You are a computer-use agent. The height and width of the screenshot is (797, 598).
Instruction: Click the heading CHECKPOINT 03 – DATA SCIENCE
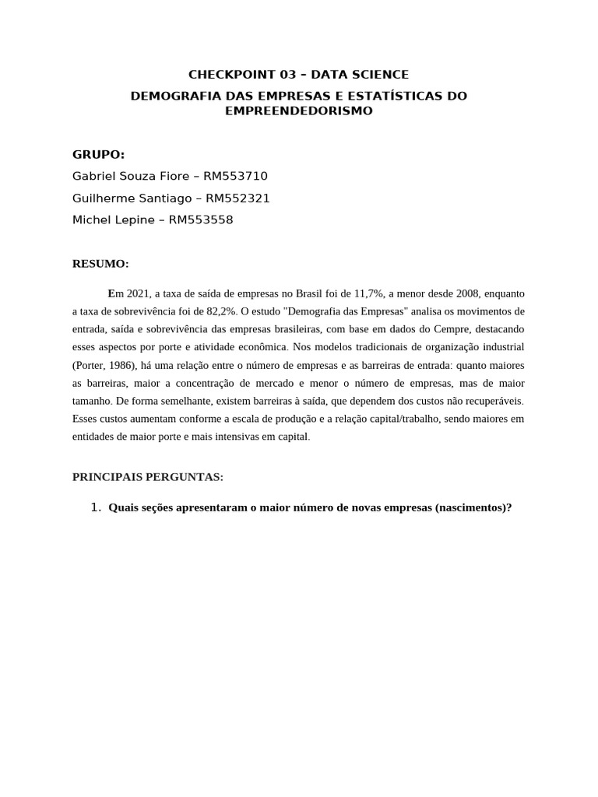[298, 75]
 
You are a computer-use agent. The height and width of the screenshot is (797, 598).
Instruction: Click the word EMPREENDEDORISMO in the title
[298, 111]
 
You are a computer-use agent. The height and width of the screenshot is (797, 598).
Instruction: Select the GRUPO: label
[98, 154]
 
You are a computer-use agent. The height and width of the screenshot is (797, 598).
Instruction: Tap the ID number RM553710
[235, 176]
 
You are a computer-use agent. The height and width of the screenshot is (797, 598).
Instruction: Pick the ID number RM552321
[237, 198]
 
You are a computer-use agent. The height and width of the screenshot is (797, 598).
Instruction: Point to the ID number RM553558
[200, 219]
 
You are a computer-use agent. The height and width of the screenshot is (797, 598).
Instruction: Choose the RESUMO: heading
[100, 264]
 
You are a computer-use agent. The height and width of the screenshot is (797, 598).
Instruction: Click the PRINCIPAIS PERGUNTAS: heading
[148, 476]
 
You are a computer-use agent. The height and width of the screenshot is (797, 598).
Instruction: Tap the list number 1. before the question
[96, 507]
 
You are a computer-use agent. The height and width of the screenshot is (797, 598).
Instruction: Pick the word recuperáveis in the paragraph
[494, 401]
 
